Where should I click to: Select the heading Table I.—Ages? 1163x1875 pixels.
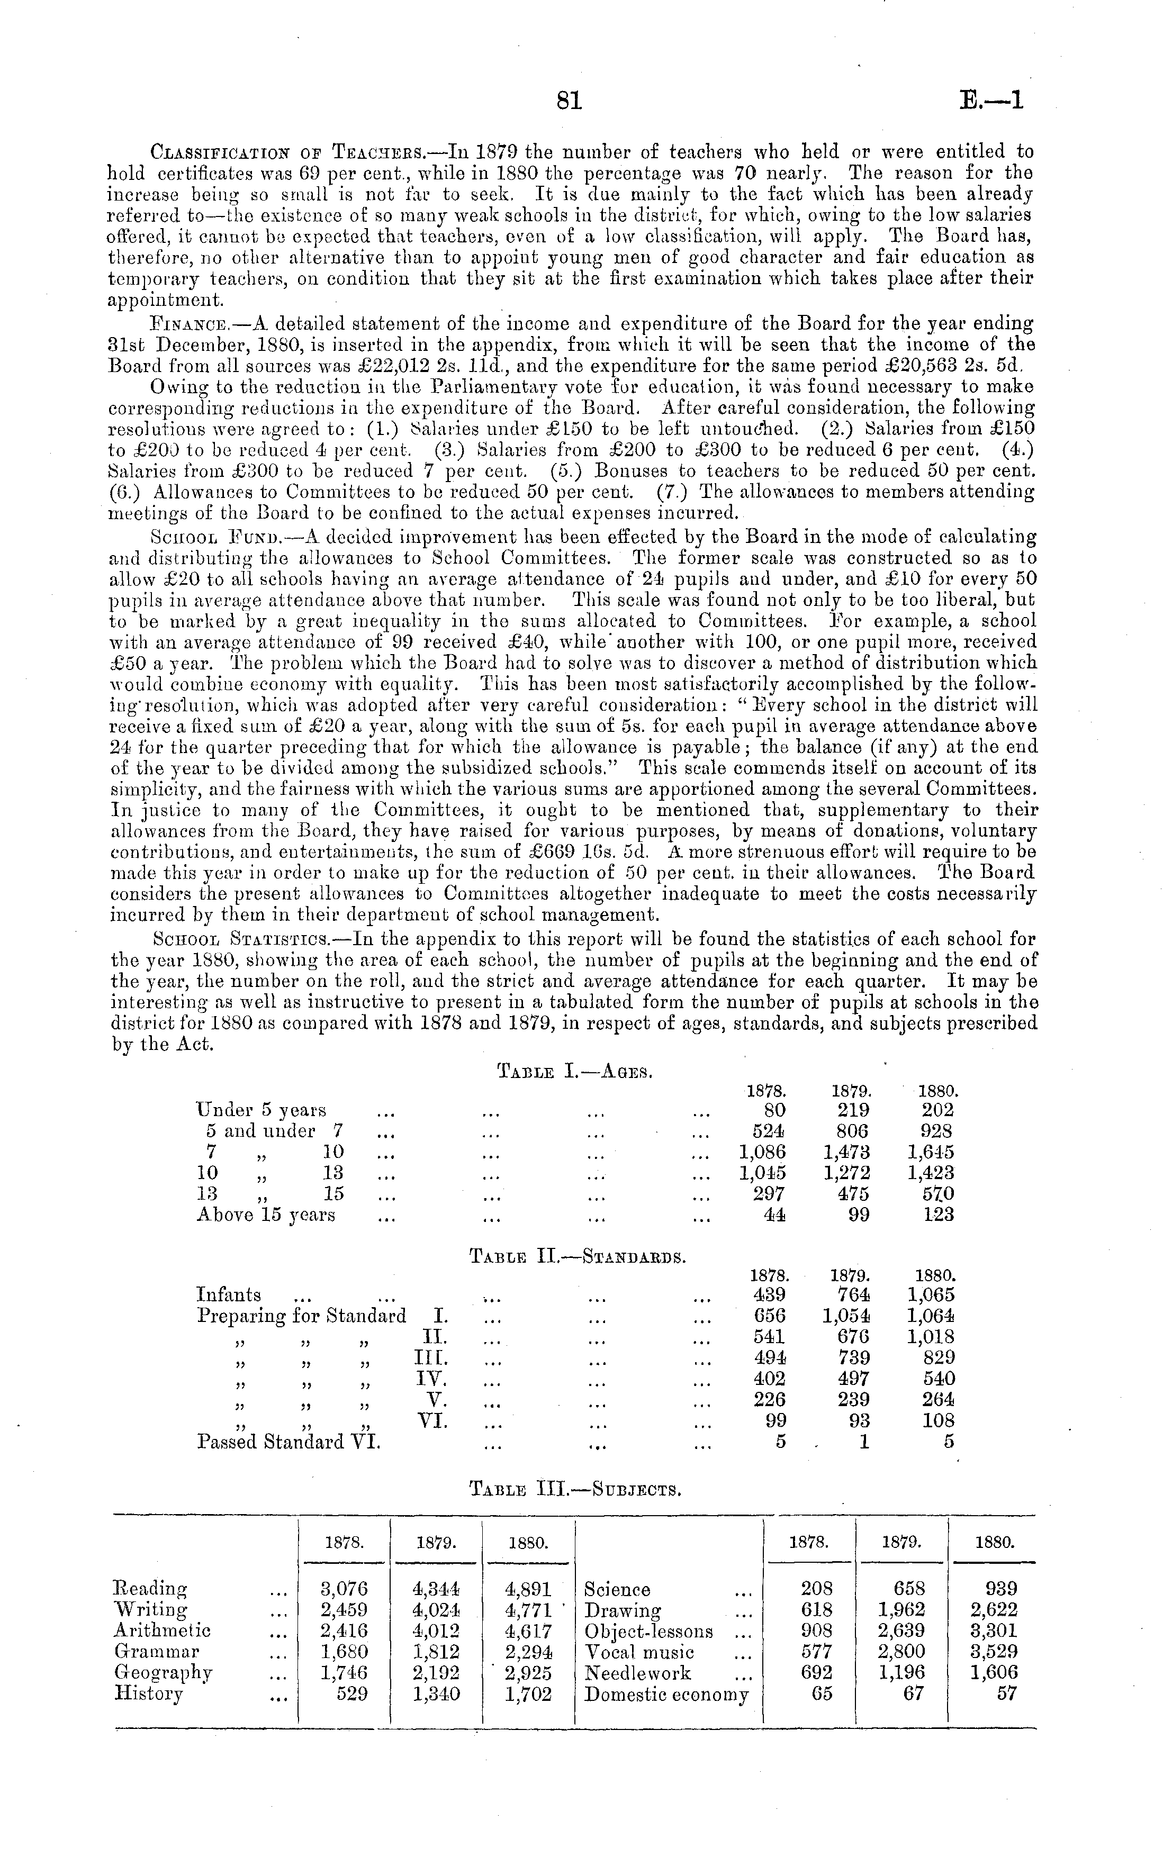coord(575,1070)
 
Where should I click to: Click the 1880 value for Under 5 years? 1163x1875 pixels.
coord(937,1110)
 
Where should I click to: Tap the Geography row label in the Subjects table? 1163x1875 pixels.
coord(163,1673)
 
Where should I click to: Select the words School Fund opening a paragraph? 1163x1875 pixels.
coord(201,537)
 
